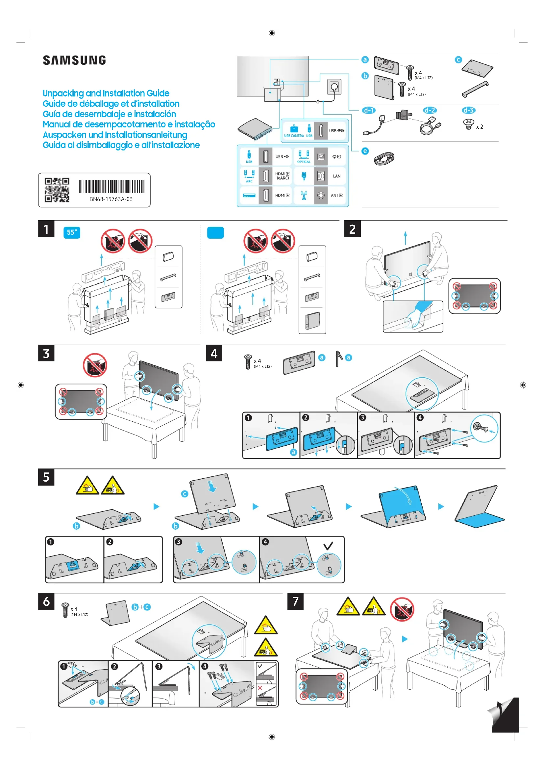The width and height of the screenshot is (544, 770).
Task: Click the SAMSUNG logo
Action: coord(74,60)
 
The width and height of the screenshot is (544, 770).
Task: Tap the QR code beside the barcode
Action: coord(57,190)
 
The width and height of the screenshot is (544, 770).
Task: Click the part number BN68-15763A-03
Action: coord(111,199)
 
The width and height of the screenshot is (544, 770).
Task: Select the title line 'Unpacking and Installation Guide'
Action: coord(106,93)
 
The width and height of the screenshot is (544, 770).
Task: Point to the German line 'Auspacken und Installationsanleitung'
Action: coord(115,135)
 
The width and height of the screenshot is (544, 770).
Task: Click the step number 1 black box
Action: coord(46,229)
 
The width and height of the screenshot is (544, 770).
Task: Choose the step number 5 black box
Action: coord(46,477)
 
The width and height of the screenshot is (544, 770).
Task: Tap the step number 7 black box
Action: coord(295,601)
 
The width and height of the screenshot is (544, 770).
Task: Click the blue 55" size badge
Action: coord(72,232)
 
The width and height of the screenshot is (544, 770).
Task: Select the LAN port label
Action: coord(337,176)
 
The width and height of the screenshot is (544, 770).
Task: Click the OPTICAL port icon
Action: coord(304,157)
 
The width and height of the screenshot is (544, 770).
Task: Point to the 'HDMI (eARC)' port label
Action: coord(282,176)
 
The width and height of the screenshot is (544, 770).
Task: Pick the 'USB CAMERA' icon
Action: coord(294,130)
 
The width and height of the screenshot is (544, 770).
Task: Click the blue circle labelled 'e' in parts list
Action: coord(365,151)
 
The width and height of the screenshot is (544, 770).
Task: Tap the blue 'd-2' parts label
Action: coord(430,110)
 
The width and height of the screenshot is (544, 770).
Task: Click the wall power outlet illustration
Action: coord(334,87)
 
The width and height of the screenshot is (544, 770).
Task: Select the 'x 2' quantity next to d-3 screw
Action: coord(480,127)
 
